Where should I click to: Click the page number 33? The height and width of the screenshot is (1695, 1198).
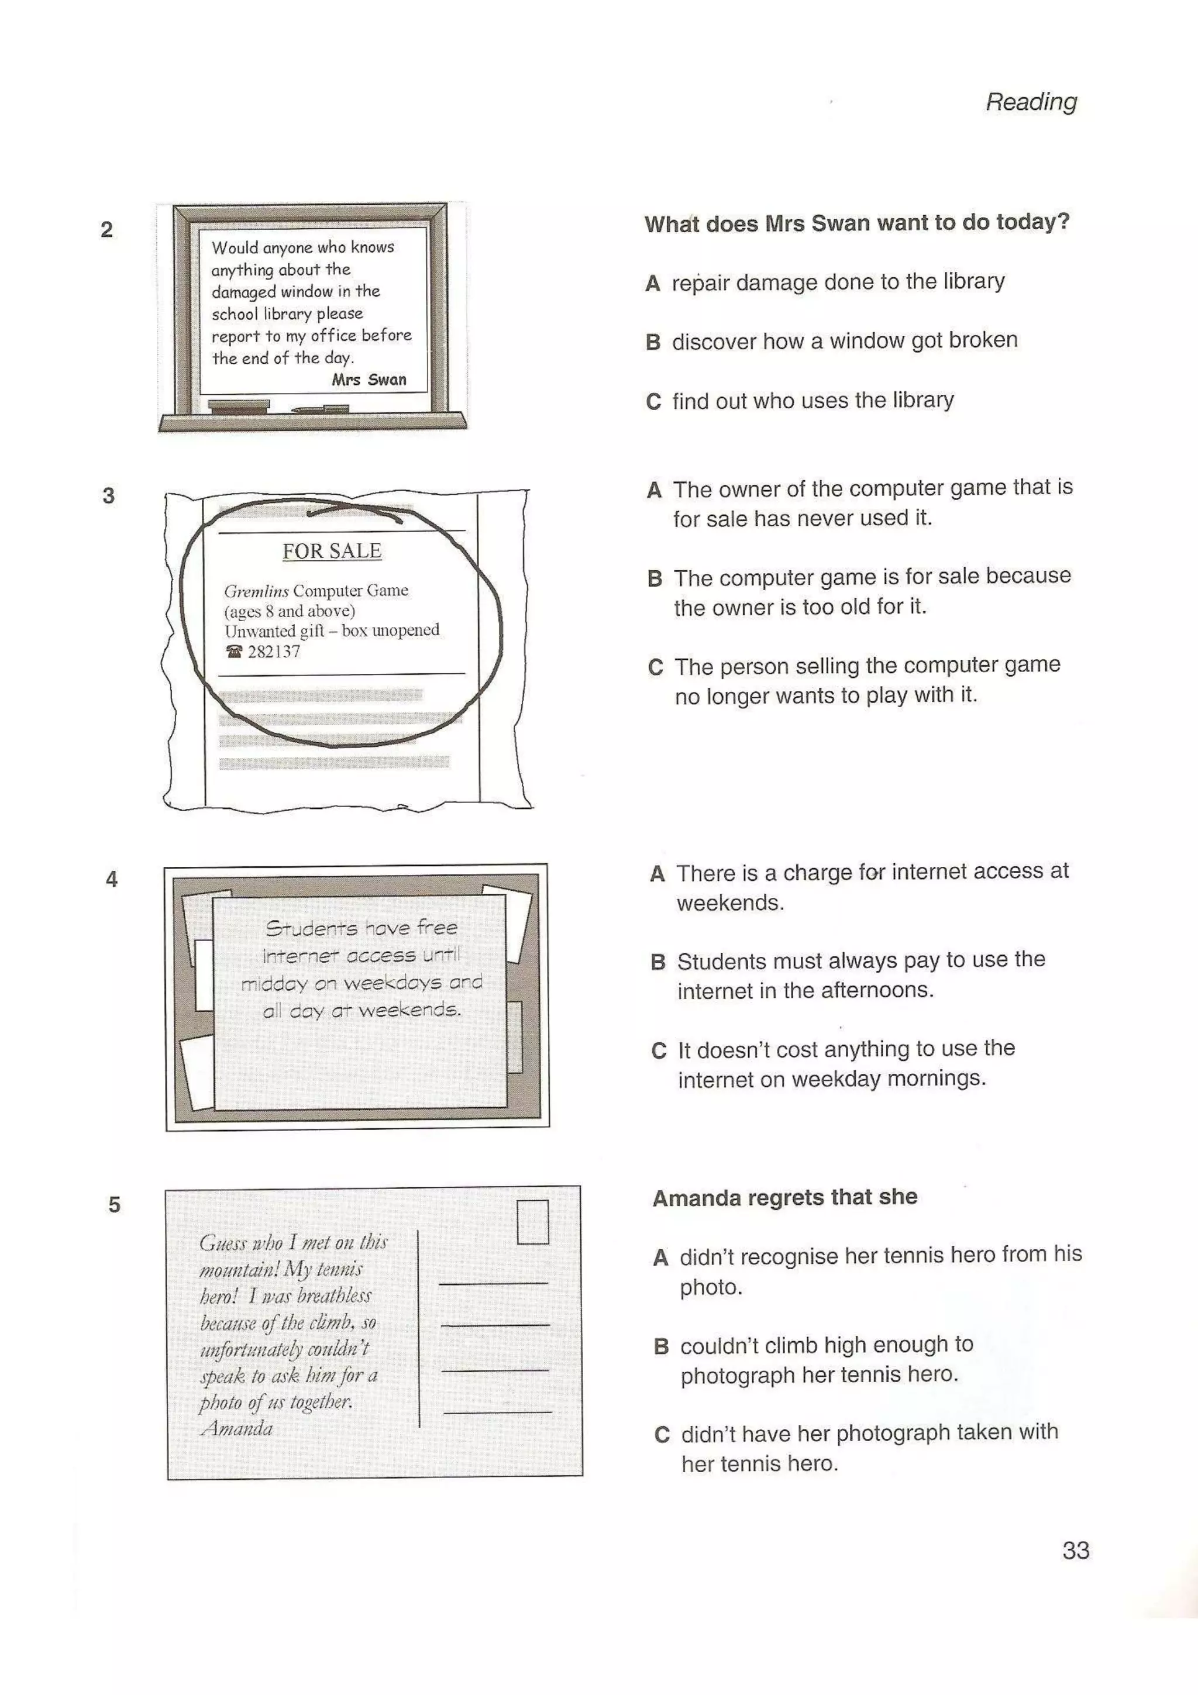click(1076, 1551)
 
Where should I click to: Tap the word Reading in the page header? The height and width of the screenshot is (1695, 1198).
click(1031, 102)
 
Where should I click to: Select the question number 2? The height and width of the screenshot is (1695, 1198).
click(107, 230)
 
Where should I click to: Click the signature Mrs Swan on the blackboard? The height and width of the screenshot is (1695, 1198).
click(369, 380)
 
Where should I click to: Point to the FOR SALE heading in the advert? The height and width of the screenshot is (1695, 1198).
click(332, 551)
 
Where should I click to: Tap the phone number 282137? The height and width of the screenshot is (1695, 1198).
click(274, 651)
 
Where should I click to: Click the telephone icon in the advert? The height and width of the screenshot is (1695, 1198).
click(234, 651)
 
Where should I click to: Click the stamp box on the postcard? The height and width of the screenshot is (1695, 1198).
click(532, 1222)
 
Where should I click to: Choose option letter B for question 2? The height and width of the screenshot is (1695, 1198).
click(652, 342)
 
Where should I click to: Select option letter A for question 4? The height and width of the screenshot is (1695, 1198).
click(657, 874)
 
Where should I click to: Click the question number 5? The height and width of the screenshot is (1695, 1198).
click(115, 1205)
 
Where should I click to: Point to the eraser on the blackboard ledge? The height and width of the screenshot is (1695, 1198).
click(239, 405)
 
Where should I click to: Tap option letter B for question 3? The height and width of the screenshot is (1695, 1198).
click(655, 578)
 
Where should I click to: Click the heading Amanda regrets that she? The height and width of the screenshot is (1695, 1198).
click(784, 1197)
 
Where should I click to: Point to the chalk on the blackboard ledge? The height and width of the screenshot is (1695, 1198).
click(319, 408)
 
